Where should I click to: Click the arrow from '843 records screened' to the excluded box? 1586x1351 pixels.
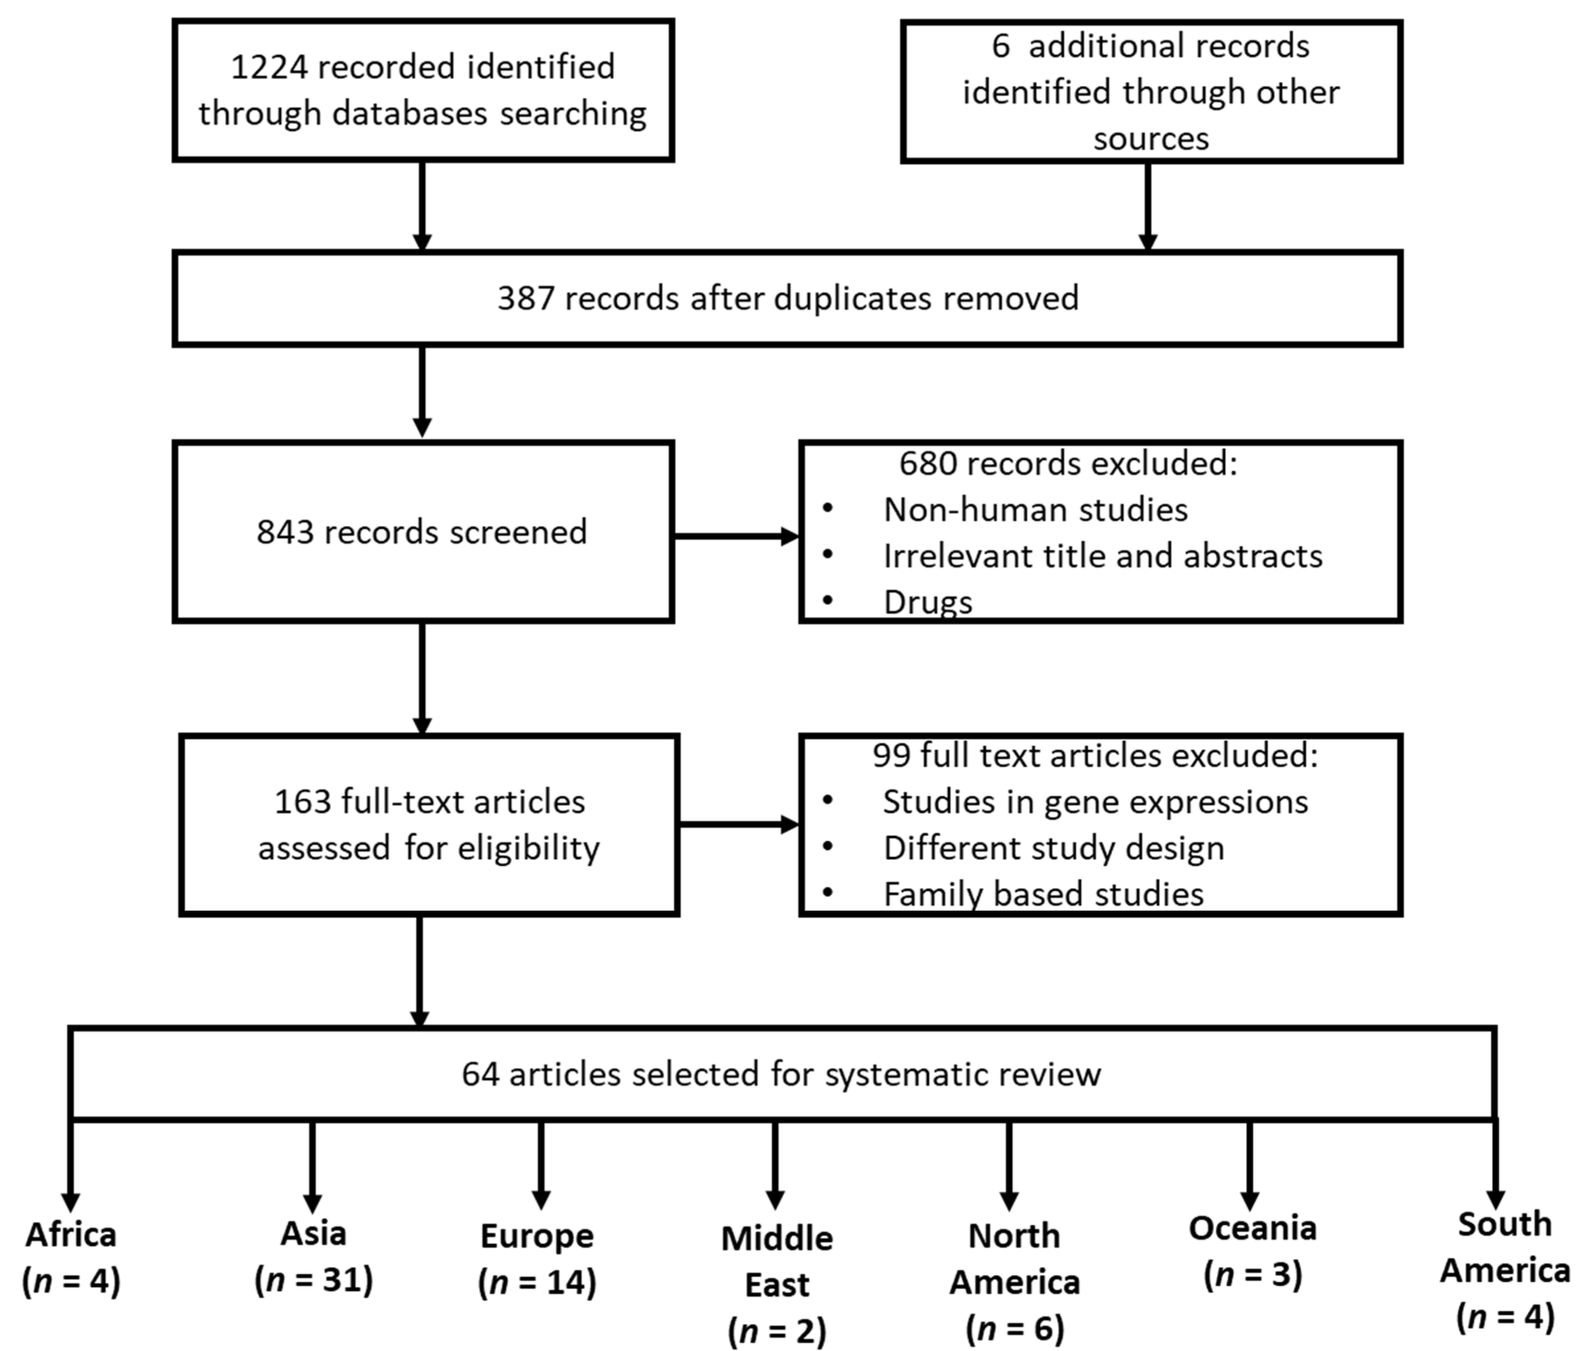click(x=735, y=536)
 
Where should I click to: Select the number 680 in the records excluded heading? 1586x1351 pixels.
click(x=927, y=464)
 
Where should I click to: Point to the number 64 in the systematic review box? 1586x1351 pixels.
click(x=480, y=1074)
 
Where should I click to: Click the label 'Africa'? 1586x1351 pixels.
click(x=71, y=1235)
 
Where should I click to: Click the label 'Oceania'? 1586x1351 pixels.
click(x=1252, y=1228)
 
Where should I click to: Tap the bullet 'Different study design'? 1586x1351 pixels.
click(x=1053, y=848)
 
